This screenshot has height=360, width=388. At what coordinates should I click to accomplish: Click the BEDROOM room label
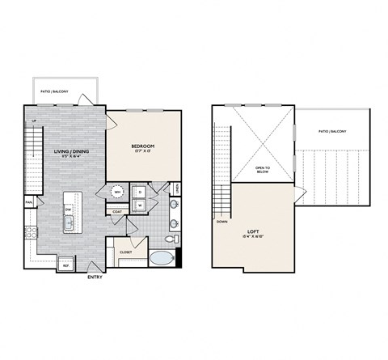pyautogui.click(x=144, y=148)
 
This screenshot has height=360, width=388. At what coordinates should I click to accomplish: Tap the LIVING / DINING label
pyautogui.click(x=70, y=152)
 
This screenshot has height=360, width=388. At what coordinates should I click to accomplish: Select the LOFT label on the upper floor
pyautogui.click(x=252, y=231)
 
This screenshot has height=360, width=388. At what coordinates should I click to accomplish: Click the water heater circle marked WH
pyautogui.click(x=118, y=193)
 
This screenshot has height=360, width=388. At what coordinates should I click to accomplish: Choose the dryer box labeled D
pyautogui.click(x=140, y=193)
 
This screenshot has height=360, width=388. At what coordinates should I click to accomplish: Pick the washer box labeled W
pyautogui.click(x=140, y=205)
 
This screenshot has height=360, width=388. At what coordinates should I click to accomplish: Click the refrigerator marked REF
pyautogui.click(x=66, y=265)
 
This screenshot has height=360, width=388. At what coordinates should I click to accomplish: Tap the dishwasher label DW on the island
pyautogui.click(x=68, y=209)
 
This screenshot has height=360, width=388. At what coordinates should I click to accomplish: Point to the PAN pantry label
pyautogui.click(x=28, y=201)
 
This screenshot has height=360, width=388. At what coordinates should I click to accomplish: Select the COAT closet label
pyautogui.click(x=118, y=213)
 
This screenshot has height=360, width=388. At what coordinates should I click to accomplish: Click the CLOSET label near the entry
pyautogui.click(x=125, y=252)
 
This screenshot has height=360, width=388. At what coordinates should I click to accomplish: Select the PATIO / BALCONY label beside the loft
pyautogui.click(x=332, y=130)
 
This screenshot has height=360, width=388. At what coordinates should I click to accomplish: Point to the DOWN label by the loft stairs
pyautogui.click(x=221, y=221)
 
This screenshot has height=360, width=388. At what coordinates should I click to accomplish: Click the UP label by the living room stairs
pyautogui.click(x=34, y=121)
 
